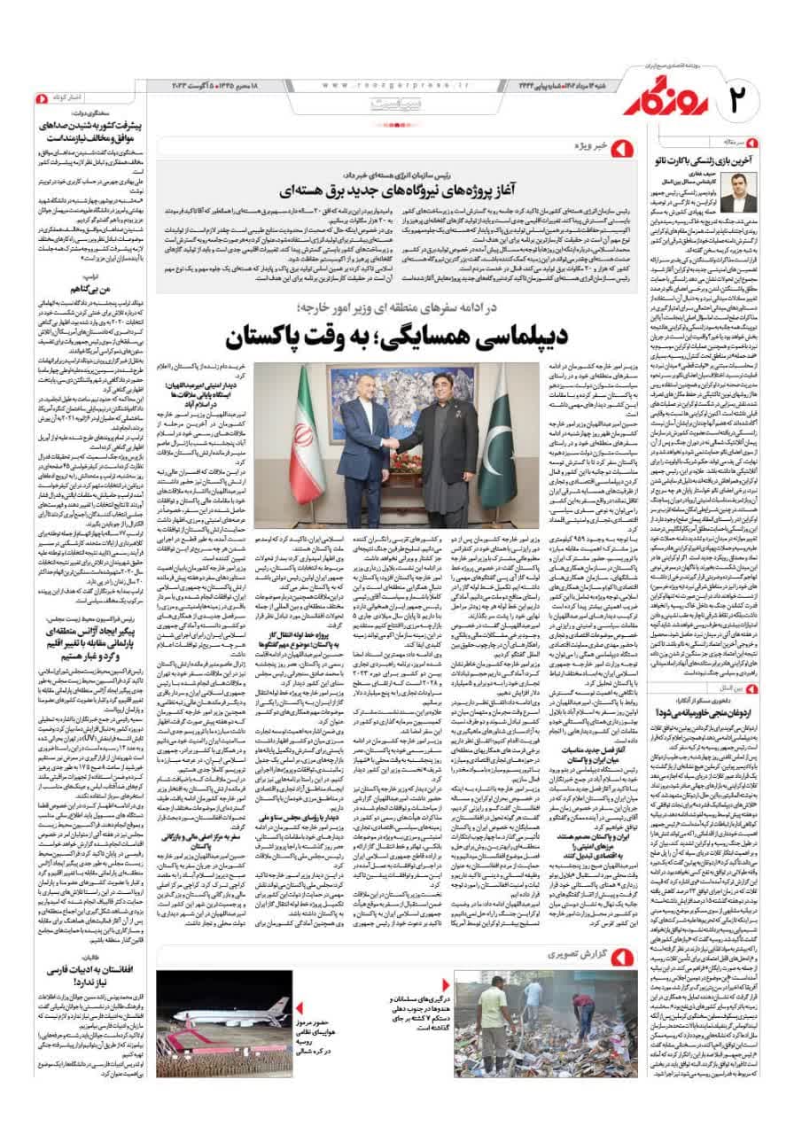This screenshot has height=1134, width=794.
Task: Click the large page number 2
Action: (x=743, y=97)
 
